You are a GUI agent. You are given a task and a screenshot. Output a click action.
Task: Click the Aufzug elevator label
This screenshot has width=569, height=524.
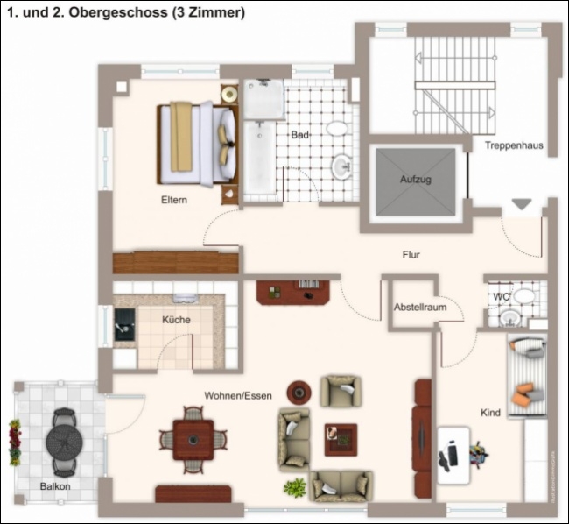(416, 180)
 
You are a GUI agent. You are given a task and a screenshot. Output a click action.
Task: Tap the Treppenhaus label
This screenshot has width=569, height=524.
(514, 145)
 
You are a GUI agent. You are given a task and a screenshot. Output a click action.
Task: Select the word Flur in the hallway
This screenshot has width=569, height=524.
(411, 255)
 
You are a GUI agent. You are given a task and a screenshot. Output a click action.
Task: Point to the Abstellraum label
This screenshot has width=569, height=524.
(420, 308)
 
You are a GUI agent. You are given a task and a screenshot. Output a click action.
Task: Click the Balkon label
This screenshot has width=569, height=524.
(55, 486)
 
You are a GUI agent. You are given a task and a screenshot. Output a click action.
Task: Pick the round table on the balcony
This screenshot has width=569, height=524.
(64, 442)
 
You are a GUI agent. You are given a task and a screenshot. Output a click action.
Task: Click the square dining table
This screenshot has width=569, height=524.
(193, 440)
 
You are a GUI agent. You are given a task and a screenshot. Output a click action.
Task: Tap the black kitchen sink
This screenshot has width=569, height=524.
(124, 324)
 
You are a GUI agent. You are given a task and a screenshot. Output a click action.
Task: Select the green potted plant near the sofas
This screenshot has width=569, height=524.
(295, 487)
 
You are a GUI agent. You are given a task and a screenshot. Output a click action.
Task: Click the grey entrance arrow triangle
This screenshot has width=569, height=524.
(522, 204)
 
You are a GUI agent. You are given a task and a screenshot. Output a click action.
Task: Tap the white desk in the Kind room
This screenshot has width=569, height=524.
(453, 456)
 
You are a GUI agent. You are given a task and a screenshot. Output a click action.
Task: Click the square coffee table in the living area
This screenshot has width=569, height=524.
(341, 440)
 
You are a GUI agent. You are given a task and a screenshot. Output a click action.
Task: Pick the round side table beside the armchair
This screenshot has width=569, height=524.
(299, 393)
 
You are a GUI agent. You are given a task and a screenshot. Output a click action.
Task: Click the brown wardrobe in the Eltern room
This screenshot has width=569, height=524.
(176, 262)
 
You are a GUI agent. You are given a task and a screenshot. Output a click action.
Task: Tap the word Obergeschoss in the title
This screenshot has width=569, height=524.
(118, 12)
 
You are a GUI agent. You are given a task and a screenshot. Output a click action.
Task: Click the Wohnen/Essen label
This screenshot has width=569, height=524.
(238, 395)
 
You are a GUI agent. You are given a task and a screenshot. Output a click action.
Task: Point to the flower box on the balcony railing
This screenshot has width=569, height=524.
(15, 443)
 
